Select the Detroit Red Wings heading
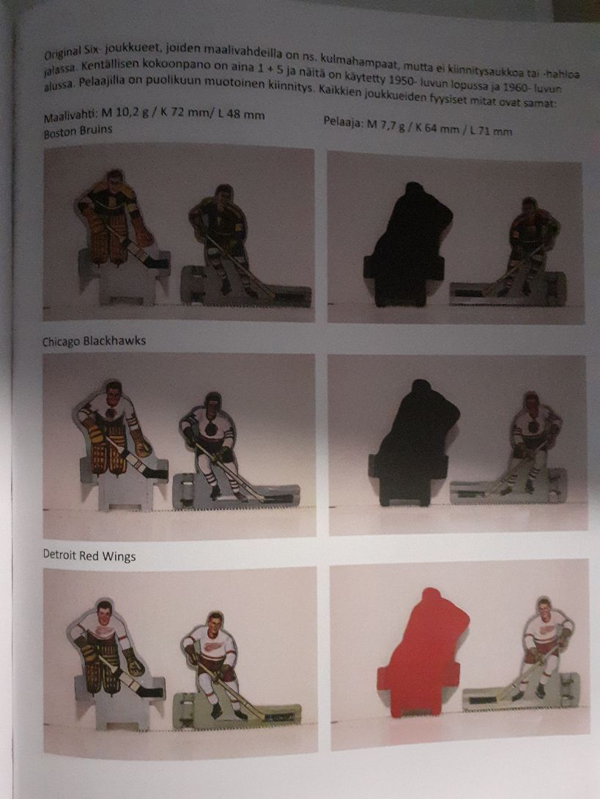[x=89, y=557]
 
